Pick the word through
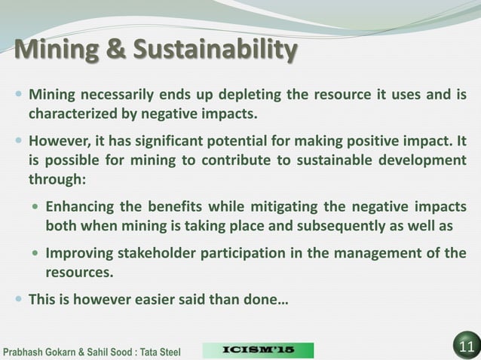56,179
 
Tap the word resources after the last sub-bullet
79,271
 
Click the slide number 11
465,347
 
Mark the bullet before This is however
18,300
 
